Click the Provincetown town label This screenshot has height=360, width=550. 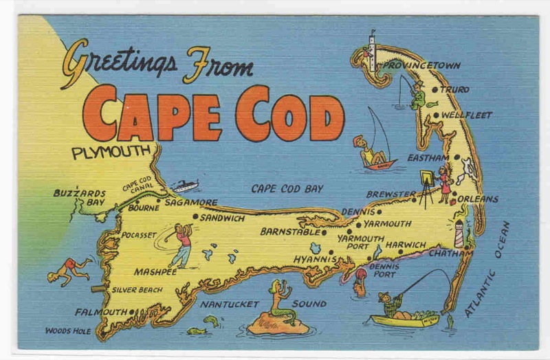pos(421,65)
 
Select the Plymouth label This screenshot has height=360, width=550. pos(111,152)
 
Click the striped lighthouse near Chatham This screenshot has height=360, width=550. pos(459,234)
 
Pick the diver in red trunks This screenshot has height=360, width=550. pos(69,269)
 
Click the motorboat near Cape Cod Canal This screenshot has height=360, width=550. pos(185,185)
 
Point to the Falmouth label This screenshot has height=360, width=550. pos(101,312)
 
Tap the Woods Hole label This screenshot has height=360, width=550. pos(68,330)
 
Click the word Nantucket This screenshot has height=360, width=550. pos(230,303)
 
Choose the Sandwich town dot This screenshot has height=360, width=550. pos(195,217)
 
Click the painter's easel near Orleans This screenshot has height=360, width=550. pos(427,185)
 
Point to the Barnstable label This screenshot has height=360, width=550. pos(290,232)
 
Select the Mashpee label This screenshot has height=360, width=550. pos(155,271)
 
